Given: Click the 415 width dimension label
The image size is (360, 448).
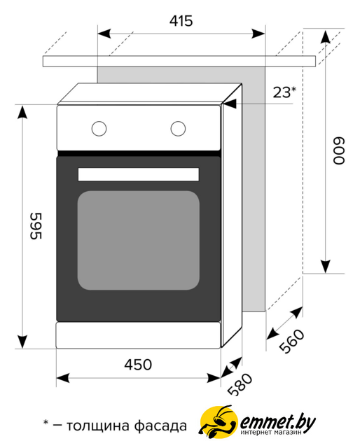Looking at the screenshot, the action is point(181,21).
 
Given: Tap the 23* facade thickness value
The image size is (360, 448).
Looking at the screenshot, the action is point(284,92).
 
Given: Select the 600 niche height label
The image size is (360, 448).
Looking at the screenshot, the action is point(339,151).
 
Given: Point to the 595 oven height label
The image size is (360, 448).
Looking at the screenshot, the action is point(36,225).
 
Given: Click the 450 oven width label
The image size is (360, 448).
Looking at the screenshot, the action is point(138,365).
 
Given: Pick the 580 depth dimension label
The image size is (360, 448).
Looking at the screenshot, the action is point(240,384).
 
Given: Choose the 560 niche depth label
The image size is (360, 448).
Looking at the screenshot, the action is point(291,341).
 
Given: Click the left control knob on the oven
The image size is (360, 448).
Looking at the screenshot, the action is point(99,129).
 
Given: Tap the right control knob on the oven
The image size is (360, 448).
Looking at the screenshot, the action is point(178,129).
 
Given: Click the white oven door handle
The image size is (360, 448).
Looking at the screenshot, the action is point(139,174).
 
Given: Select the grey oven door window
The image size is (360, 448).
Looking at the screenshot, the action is point(139,240).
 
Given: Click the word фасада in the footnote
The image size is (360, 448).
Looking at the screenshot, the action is point(160,426).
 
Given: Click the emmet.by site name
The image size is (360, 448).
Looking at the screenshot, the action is point(277,421).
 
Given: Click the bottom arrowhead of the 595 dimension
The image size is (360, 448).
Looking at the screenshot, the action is point(22,342).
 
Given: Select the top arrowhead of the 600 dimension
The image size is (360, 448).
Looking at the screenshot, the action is point(326,36).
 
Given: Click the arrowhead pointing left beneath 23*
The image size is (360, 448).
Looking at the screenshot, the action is point(230,104).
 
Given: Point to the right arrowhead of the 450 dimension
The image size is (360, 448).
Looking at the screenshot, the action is point(214,378).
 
